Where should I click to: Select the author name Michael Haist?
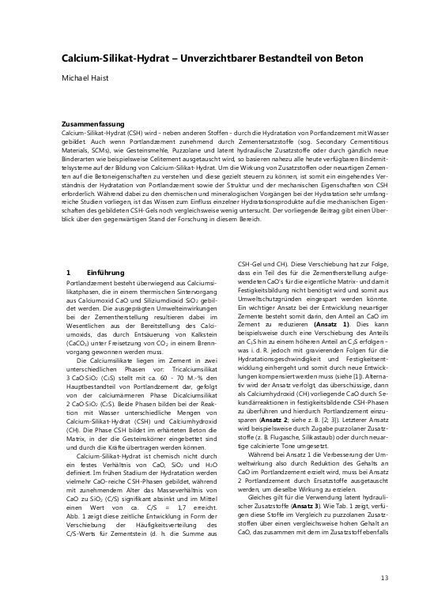(x=89, y=80)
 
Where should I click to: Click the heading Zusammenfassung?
(x=93, y=125)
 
